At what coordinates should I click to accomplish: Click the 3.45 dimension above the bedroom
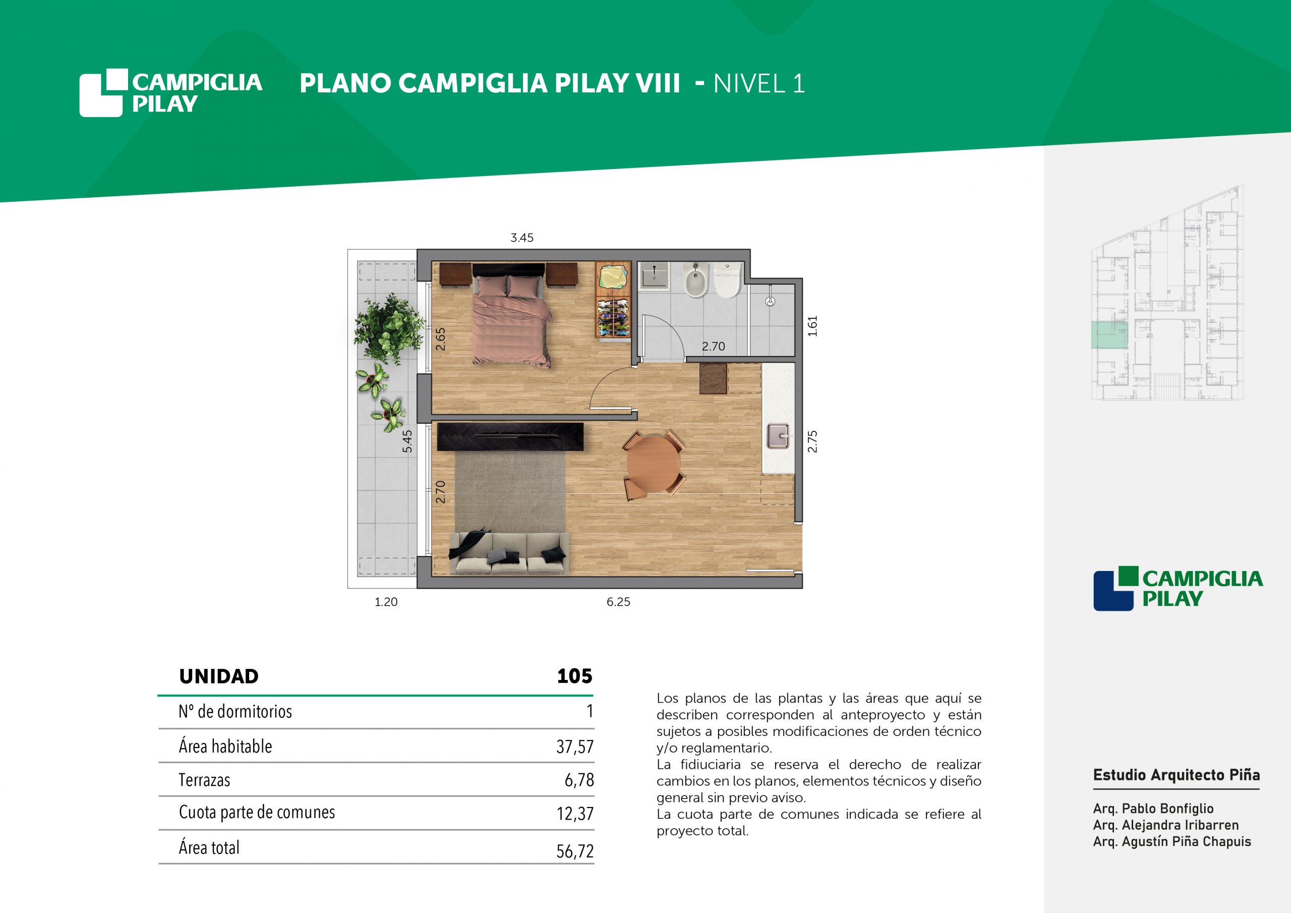[522, 238]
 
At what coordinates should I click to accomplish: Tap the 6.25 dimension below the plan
[618, 602]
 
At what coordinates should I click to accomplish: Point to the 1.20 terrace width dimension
[386, 602]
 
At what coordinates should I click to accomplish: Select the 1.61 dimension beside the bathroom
[812, 326]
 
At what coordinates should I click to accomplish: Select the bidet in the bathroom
[696, 280]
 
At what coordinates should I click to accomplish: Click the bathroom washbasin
[654, 275]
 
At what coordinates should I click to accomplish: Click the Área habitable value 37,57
[575, 747]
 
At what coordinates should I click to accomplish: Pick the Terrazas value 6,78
[579, 780]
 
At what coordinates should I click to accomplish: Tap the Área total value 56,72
[575, 851]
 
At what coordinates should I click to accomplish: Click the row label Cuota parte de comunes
[257, 812]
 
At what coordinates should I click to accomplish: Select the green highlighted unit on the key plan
[1109, 335]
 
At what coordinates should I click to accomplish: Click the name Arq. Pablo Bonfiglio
[1153, 809]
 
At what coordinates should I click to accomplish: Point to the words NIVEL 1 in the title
[759, 84]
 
